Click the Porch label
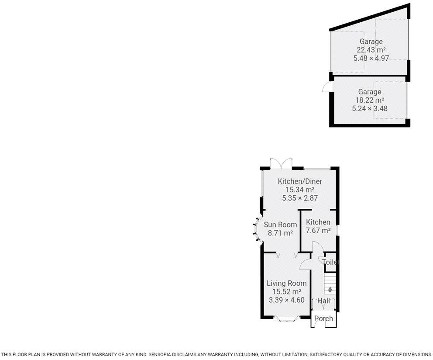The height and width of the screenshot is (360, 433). tap(323, 318)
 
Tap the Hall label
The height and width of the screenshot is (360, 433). tap(323, 301)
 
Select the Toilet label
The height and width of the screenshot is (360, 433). tap(330, 262)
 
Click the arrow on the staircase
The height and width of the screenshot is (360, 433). tap(330, 289)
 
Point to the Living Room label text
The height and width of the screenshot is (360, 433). tap(286, 283)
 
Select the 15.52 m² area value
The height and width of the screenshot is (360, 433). tap(286, 291)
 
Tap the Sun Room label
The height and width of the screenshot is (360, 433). tap(280, 225)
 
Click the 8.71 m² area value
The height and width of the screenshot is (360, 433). tap(280, 233)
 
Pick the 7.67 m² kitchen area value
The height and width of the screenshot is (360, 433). tap(318, 230)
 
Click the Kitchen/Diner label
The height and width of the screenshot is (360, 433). tap(300, 181)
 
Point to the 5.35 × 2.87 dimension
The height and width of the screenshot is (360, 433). tap(300, 198)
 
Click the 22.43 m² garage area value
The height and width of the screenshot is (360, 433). tap(371, 50)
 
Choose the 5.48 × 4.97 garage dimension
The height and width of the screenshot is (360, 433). tap(371, 58)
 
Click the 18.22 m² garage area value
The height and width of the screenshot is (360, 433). tap(370, 100)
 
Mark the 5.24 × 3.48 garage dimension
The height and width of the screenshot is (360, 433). tap(370, 108)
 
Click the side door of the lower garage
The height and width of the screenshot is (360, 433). tap(326, 88)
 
